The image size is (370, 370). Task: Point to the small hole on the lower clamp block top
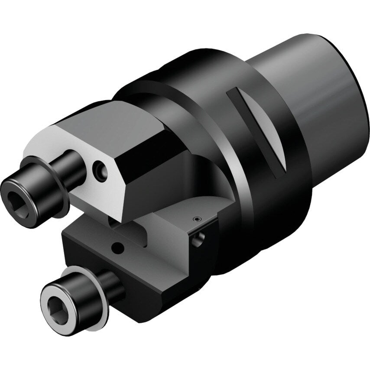(x=116, y=247)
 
